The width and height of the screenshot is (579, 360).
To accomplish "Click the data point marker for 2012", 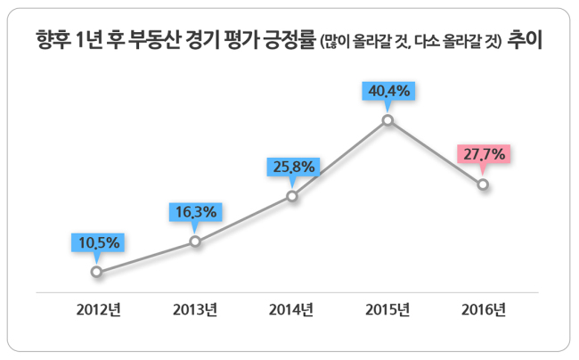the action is pos(96,272).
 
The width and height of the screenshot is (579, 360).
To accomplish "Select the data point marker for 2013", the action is pos(195,241).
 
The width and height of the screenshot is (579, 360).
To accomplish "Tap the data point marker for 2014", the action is pos(292,196).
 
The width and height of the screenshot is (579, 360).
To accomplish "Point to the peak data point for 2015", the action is pos(387,120).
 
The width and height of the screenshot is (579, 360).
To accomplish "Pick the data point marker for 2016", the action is pos(483,184).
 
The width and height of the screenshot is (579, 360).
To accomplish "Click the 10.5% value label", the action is pos(98,242).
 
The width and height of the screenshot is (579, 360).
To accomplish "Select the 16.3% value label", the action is pos(196,212).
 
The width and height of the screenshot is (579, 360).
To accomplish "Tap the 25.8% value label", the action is pos(294,167).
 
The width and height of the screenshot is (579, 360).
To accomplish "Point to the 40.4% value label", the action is pos(388,91).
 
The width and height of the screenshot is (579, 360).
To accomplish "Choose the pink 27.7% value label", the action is pos(484,154).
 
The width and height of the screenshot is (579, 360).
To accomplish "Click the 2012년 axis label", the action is pos(99,309).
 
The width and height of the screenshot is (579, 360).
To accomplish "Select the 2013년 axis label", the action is pos(195,309).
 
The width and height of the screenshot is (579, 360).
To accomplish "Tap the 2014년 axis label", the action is pos(291,309).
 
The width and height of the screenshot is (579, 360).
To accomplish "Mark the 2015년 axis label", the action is pos(387,309).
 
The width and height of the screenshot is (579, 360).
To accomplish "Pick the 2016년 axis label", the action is pos(484,309).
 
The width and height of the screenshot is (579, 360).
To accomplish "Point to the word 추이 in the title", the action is pos(525,39).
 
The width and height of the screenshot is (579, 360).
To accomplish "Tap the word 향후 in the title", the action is pos(53,39).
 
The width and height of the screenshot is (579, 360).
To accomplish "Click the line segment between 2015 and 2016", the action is pos(436,152).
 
